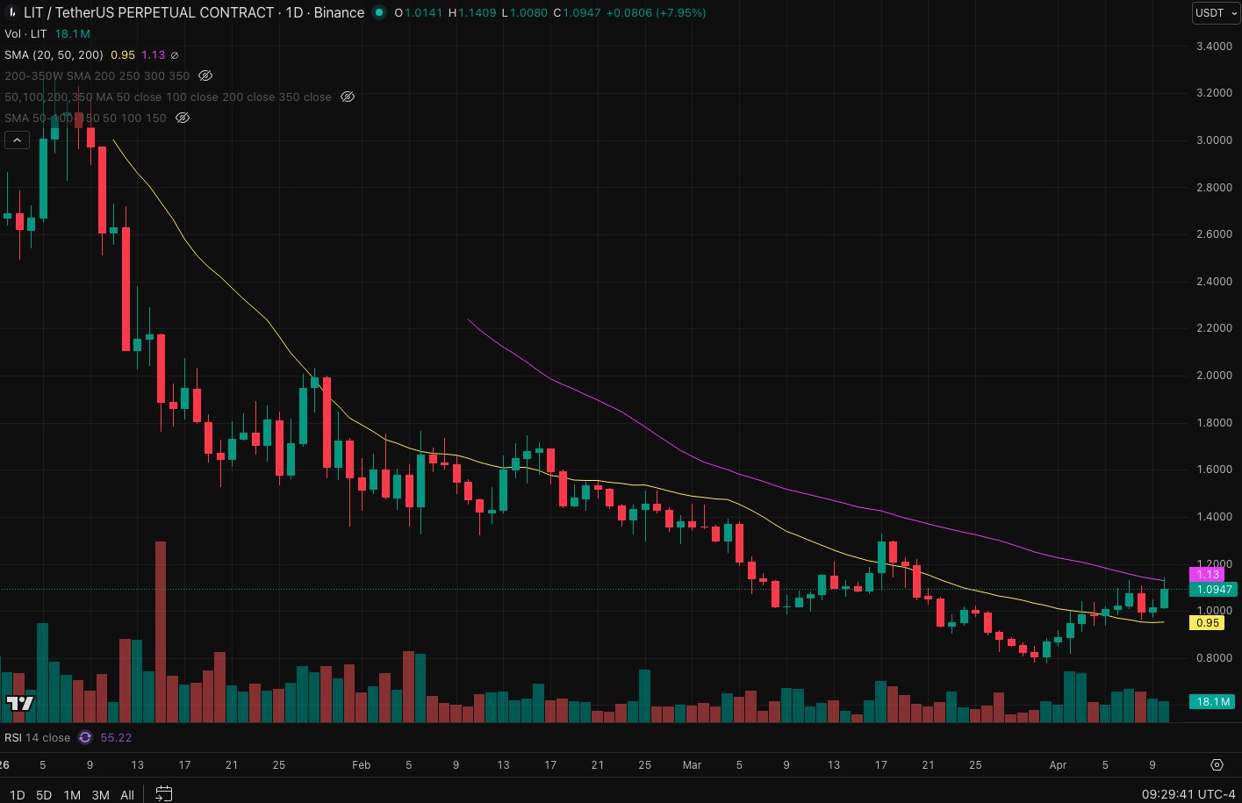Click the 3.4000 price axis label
point(1214,47)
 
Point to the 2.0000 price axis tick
point(1214,376)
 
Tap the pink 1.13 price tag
point(1208,575)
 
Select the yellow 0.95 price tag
point(1208,623)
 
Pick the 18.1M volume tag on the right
point(1212,702)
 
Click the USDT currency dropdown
point(1215,13)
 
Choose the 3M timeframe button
point(100,795)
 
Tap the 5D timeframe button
point(44,795)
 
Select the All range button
point(127,795)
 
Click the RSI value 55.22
point(116,738)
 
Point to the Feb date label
point(361,765)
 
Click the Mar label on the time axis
point(692,765)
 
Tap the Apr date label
point(1058,765)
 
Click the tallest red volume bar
point(161,632)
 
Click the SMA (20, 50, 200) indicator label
point(54,54)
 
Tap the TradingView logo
point(20,703)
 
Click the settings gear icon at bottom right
point(1217,765)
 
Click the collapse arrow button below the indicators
point(17,140)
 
